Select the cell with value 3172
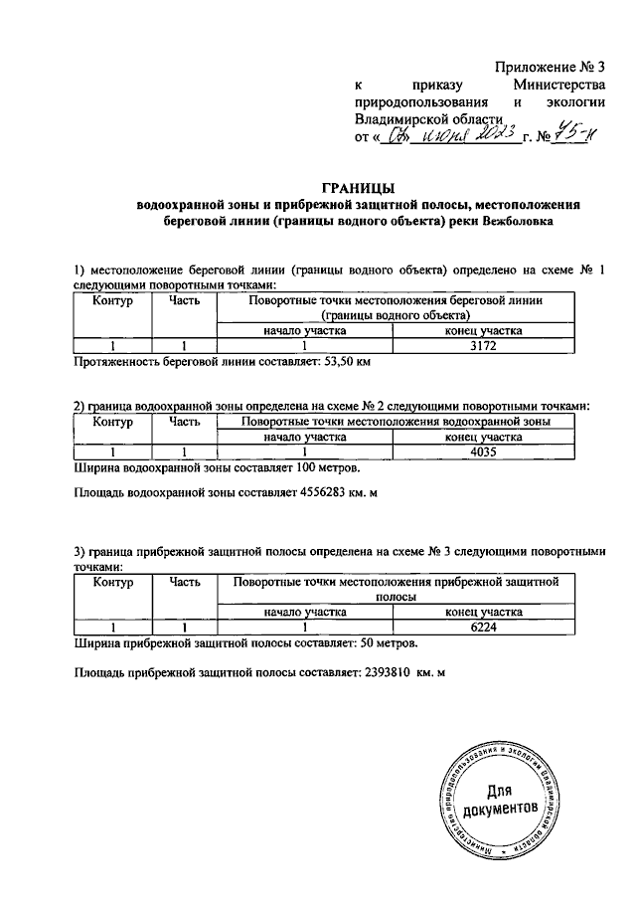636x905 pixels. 483,346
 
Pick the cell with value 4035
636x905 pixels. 483,452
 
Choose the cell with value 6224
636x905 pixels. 483,628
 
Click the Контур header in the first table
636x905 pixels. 112,299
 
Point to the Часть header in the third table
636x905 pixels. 185,583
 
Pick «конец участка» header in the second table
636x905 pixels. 483,437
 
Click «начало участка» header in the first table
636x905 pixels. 304,331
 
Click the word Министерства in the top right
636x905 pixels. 559,86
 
